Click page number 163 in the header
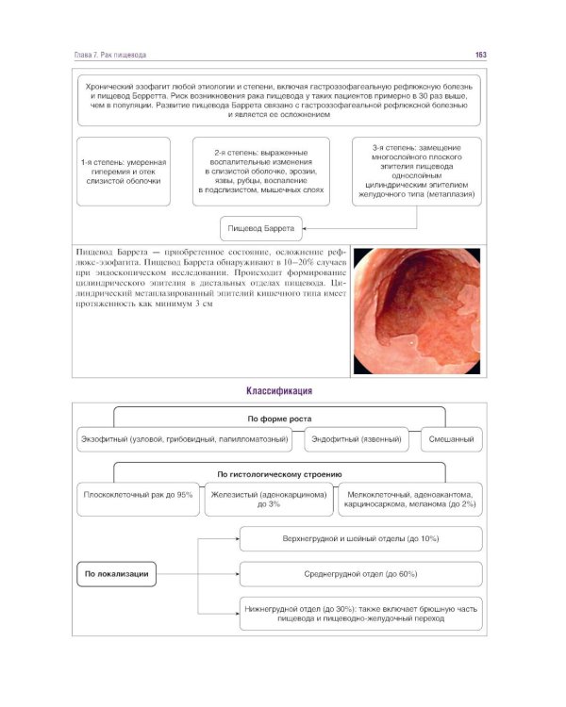pyautogui.click(x=480, y=56)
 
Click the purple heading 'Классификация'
pyautogui.click(x=279, y=390)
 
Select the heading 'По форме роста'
pyautogui.click(x=279, y=418)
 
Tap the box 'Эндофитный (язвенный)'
pyautogui.click(x=357, y=439)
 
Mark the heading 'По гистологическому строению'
pyautogui.click(x=279, y=474)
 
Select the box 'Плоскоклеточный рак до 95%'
pyautogui.click(x=139, y=494)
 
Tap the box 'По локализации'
pyautogui.click(x=117, y=573)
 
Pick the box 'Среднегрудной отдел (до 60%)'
pyautogui.click(x=361, y=573)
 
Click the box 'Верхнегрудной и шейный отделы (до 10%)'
pyautogui.click(x=361, y=538)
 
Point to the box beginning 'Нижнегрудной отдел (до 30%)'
pyautogui.click(x=361, y=614)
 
